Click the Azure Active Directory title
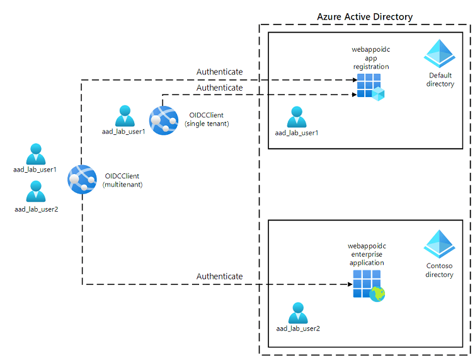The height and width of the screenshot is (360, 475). coord(365,16)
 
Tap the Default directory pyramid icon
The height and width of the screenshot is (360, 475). coord(439,54)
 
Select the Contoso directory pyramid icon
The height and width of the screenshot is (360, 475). coord(439,243)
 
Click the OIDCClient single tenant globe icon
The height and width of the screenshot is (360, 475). coord(164,119)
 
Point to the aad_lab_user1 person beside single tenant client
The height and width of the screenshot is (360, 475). coord(124,116)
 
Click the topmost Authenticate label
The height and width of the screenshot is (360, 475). coord(219,72)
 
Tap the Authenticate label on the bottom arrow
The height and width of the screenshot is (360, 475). coord(219,276)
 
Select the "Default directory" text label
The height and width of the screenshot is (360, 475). coord(440,79)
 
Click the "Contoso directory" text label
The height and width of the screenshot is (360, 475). coord(439,270)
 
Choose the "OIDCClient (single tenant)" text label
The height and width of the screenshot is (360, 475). coord(207,119)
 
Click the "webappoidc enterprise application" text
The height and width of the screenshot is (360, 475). coord(365,253)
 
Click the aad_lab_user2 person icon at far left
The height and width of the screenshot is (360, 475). coord(35,191)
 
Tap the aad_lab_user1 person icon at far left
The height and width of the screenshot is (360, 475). coord(35,153)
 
